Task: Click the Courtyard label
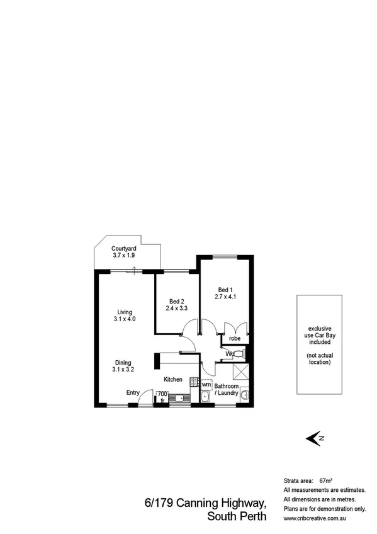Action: [x=124, y=248]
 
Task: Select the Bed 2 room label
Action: [x=177, y=301]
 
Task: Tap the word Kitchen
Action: [x=173, y=380]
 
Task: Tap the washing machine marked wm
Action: [x=206, y=383]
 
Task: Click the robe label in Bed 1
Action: [x=234, y=338]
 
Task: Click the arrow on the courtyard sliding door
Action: [x=135, y=271]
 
